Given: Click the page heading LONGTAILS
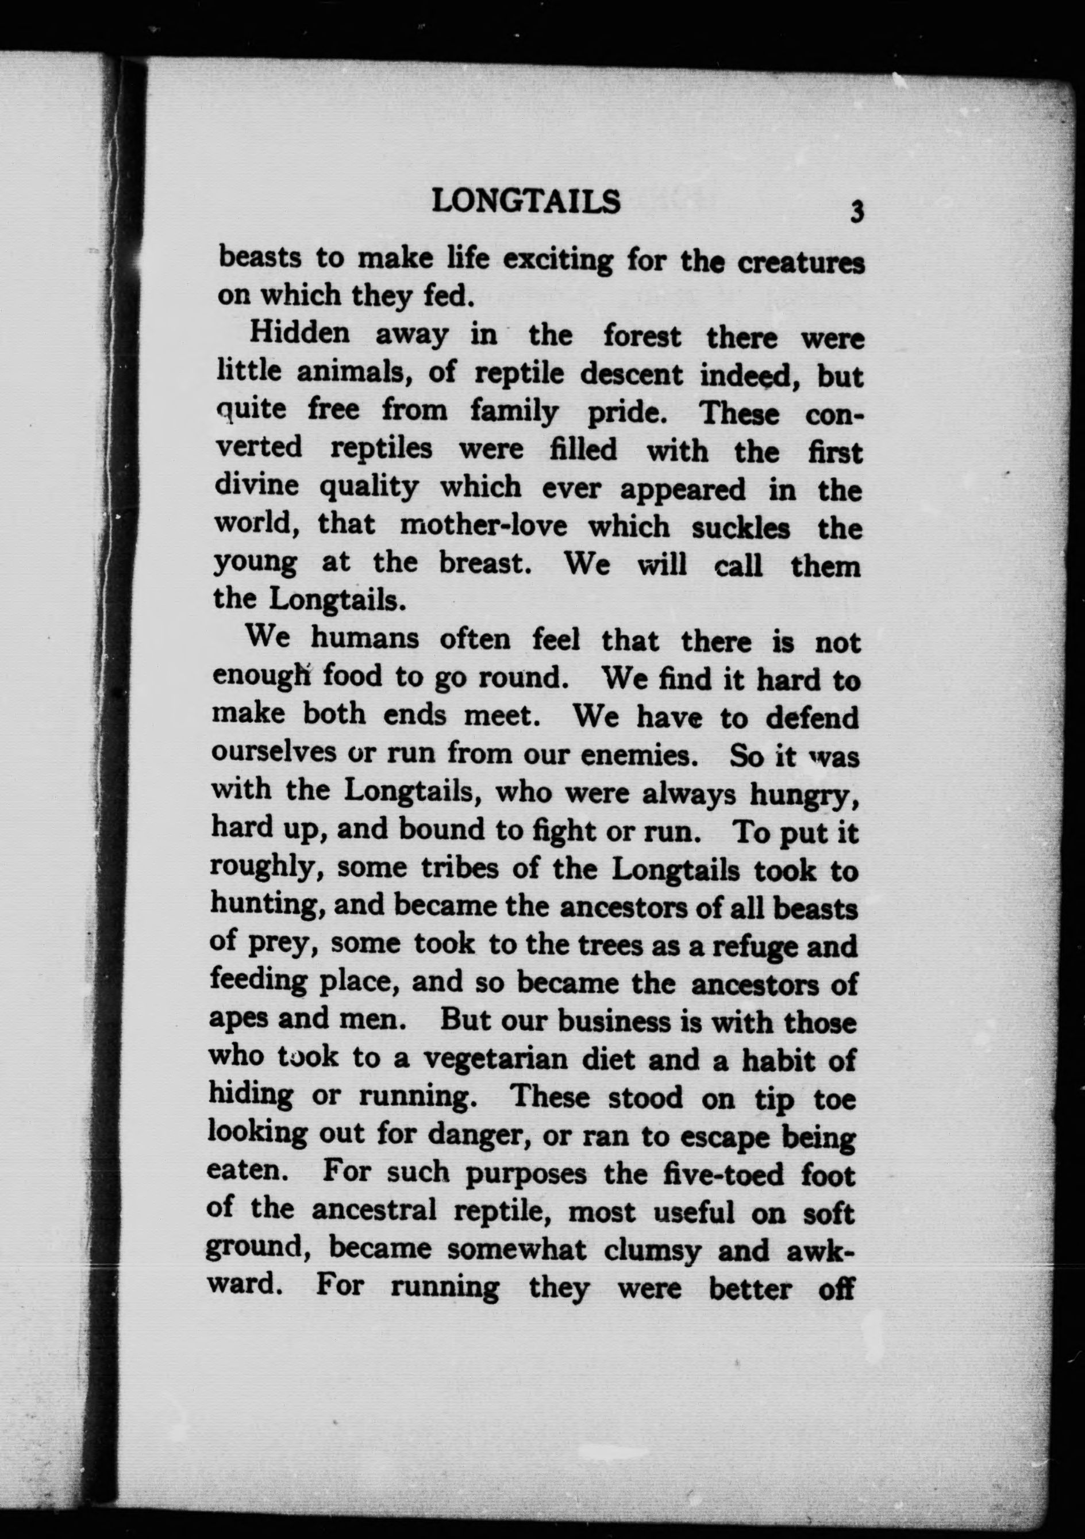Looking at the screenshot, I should [x=526, y=201].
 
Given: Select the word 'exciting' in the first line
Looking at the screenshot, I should [x=557, y=260].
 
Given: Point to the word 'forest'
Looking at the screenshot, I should [x=642, y=336].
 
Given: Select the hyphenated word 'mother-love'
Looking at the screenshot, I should [x=483, y=525].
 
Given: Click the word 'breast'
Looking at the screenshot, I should [x=485, y=562].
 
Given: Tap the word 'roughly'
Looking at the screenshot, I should [x=267, y=869].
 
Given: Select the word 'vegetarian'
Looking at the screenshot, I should [x=497, y=1060].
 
